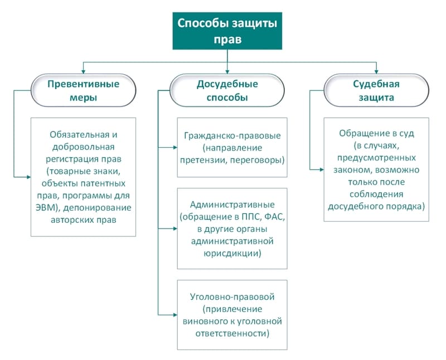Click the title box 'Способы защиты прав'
[x=227, y=31]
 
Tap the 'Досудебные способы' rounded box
[x=227, y=90]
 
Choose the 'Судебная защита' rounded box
[x=377, y=90]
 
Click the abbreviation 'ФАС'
[x=274, y=216]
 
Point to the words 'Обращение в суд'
[x=376, y=134]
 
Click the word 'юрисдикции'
[x=232, y=253]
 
